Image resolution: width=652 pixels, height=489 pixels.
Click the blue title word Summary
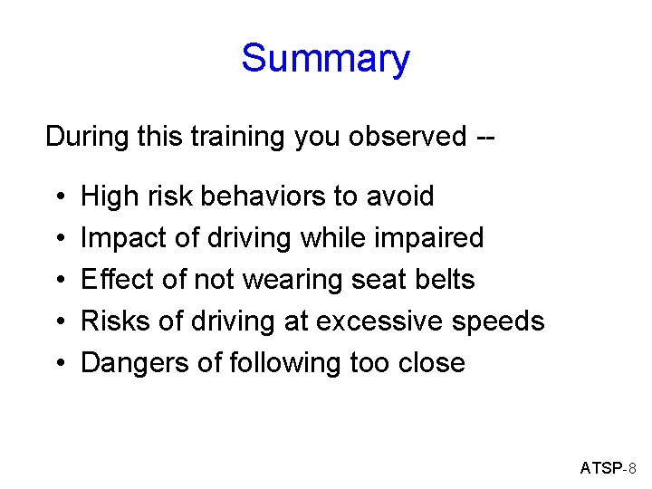tap(325, 60)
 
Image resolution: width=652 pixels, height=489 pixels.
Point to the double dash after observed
tap(484, 138)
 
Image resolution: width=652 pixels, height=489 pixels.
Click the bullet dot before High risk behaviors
tap(57, 197)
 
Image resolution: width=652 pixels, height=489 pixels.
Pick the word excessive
tap(407, 321)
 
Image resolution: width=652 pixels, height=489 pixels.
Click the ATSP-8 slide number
tap(609, 468)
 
